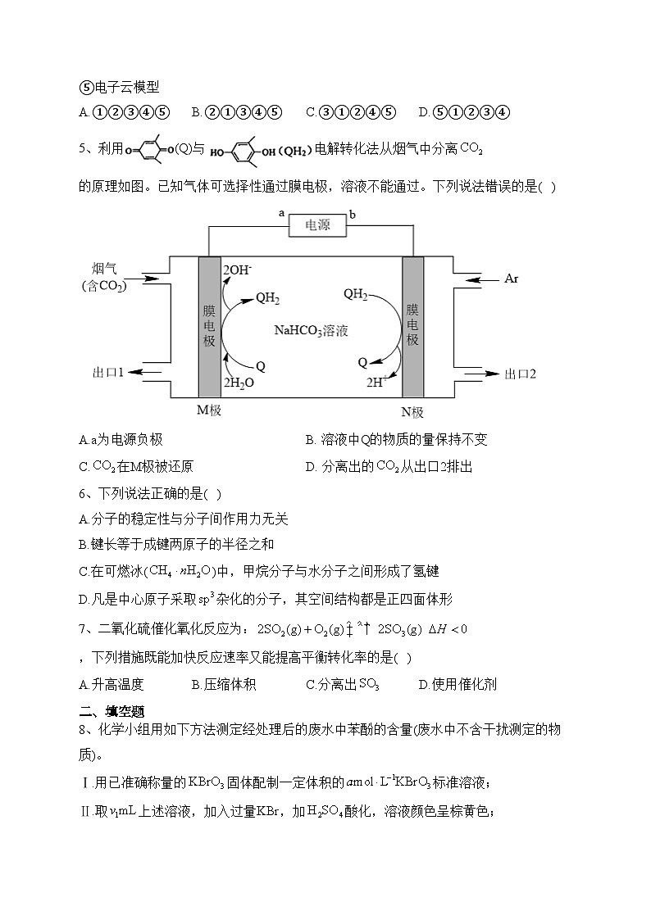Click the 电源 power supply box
click(x=318, y=224)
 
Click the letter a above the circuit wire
click(x=282, y=213)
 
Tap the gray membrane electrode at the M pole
click(x=209, y=326)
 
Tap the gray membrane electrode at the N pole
click(x=412, y=326)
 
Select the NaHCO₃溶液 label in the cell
click(x=312, y=331)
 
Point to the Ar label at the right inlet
click(x=511, y=279)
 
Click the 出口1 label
click(x=108, y=374)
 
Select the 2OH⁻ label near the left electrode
click(x=237, y=269)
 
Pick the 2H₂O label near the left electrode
click(x=239, y=383)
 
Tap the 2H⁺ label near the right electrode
click(x=376, y=382)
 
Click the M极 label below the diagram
click(x=210, y=410)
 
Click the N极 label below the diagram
click(x=412, y=411)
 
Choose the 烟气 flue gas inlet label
click(x=104, y=269)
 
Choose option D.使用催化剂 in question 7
click(x=458, y=684)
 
